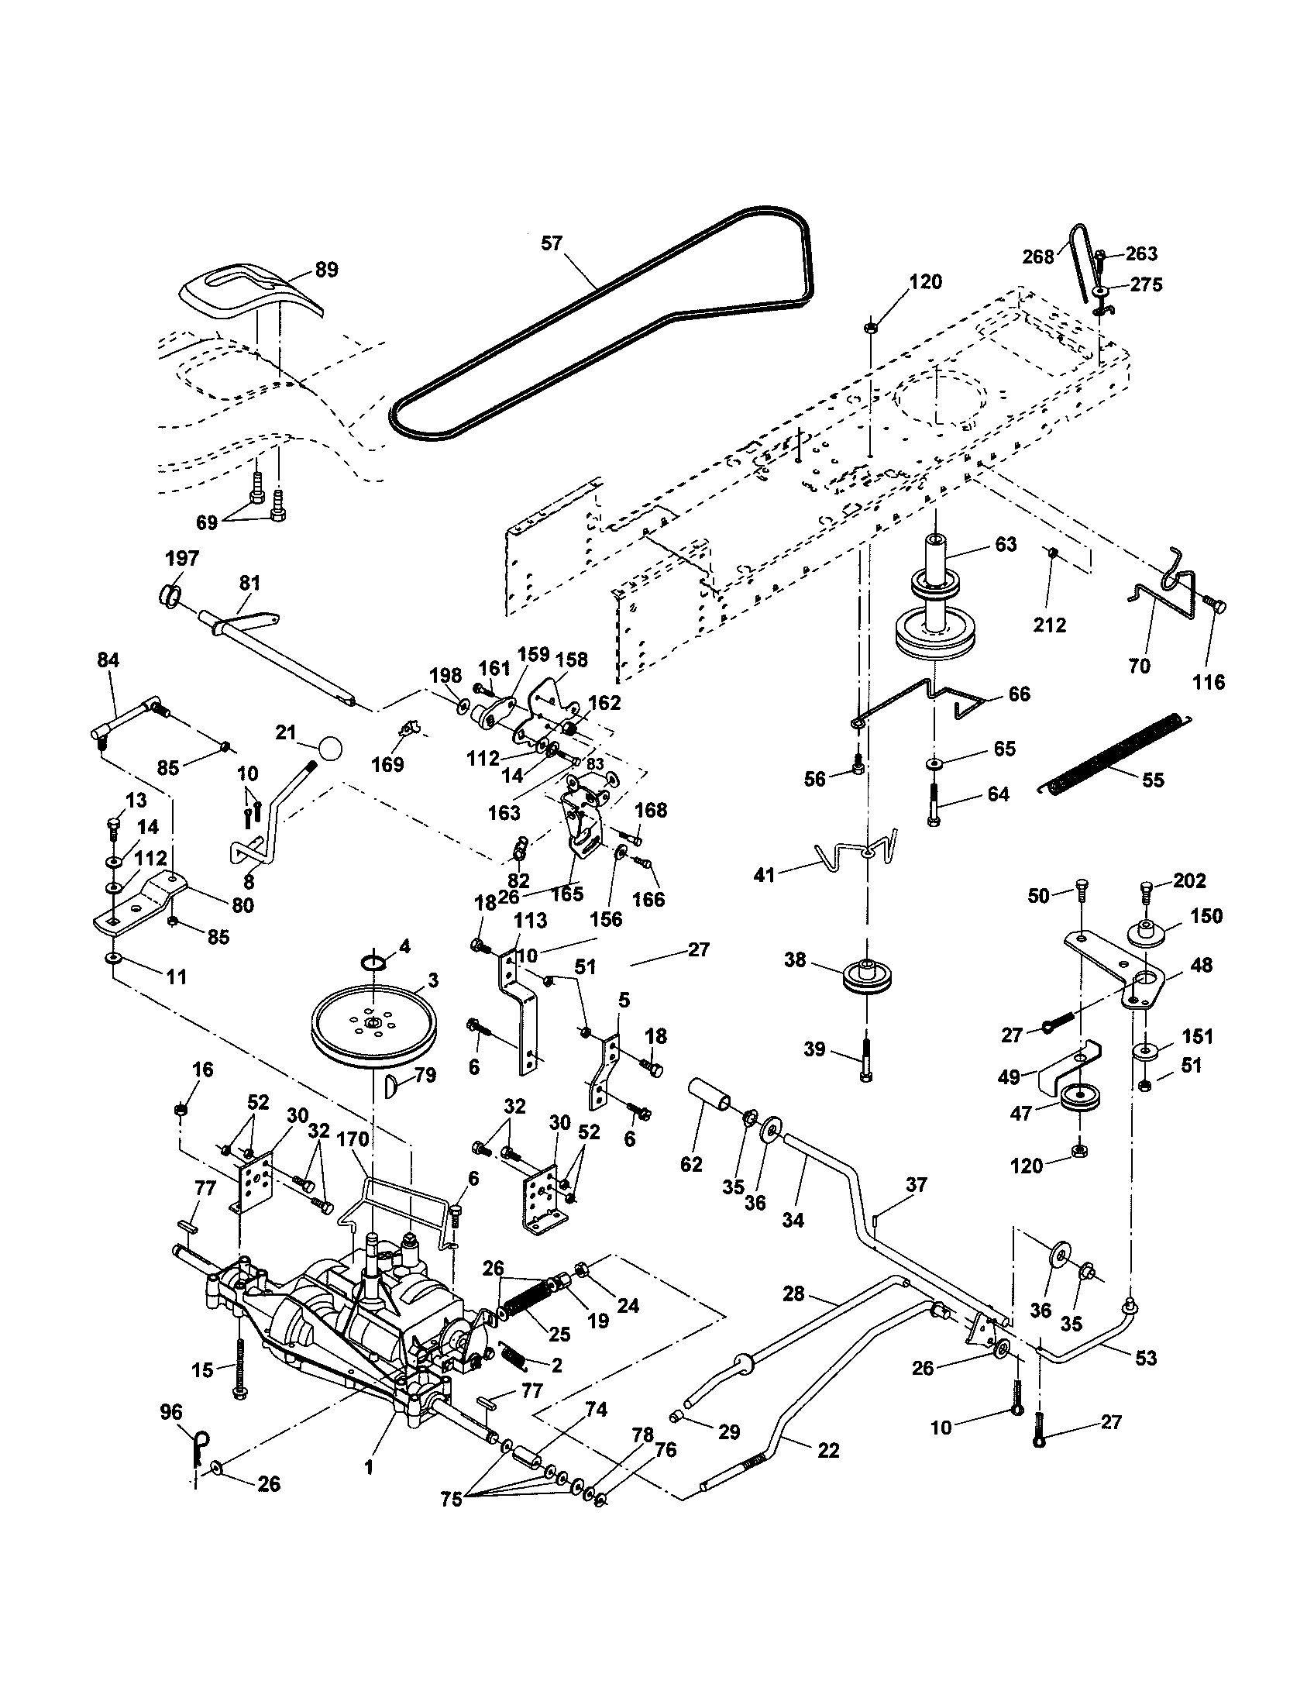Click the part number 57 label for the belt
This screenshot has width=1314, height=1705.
[x=551, y=243]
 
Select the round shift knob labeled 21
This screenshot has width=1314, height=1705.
[x=330, y=749]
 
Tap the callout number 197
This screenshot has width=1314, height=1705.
[x=182, y=559]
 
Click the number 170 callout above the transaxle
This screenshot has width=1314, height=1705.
[x=352, y=1141]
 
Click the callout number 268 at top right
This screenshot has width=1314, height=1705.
[x=1037, y=257]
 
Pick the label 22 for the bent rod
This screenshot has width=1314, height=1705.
[x=828, y=1451]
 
